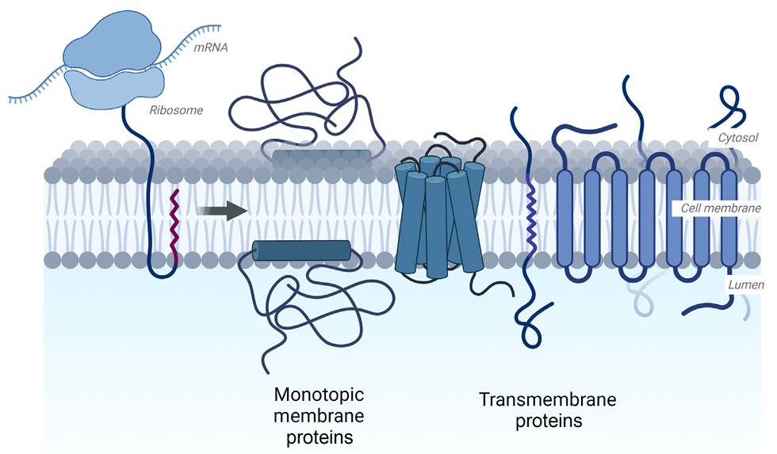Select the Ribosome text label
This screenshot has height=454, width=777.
[x=176, y=110]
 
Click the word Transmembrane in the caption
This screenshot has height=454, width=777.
[x=537, y=400]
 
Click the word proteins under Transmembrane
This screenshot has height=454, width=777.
[x=549, y=422]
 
